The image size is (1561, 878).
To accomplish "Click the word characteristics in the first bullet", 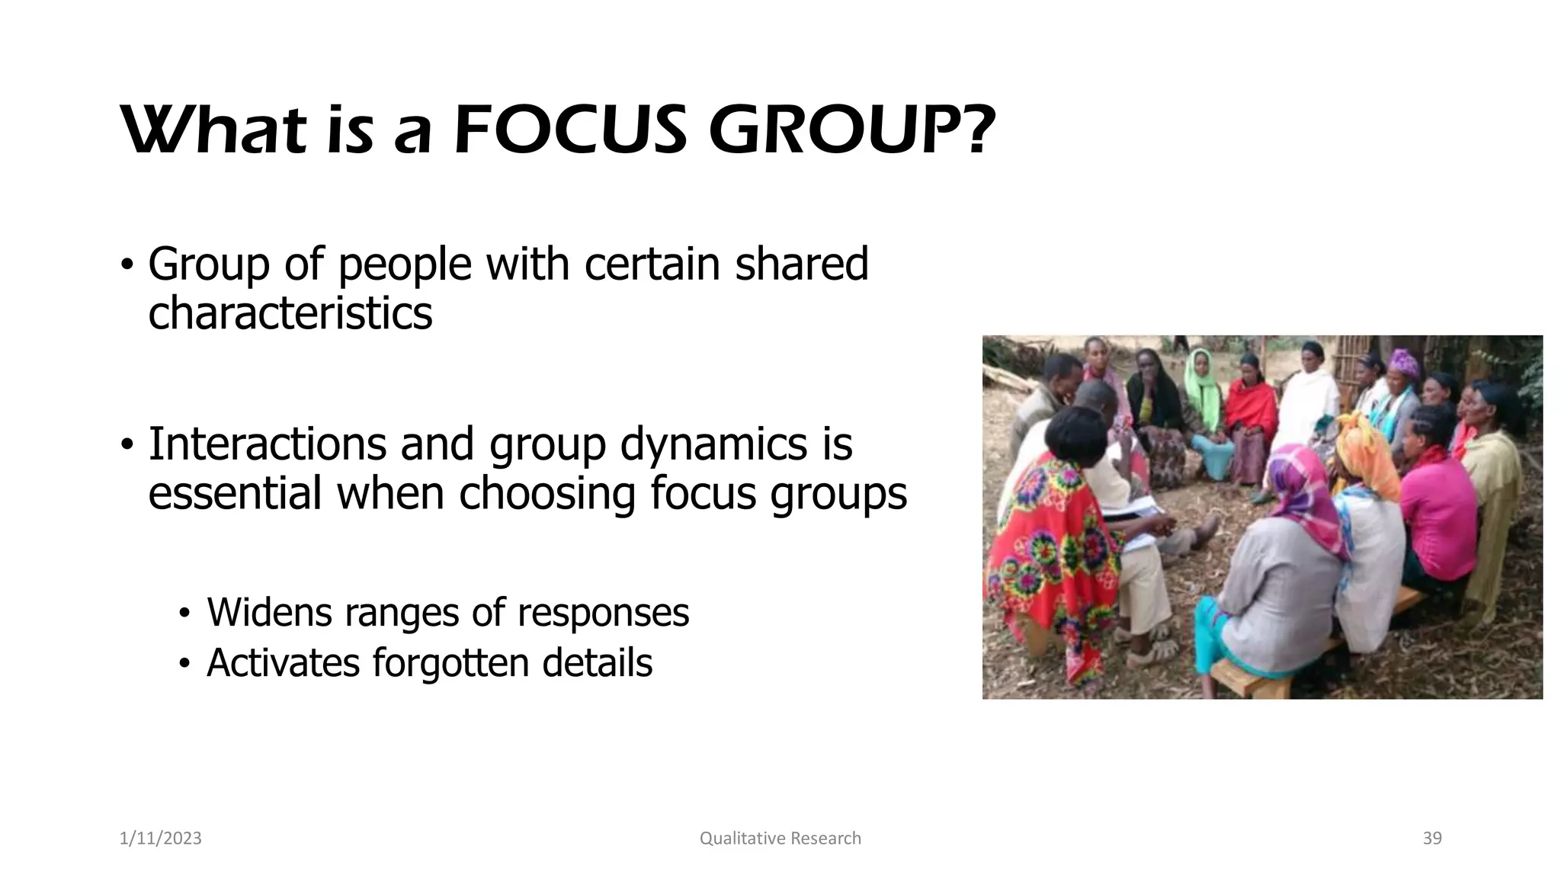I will pyautogui.click(x=290, y=313).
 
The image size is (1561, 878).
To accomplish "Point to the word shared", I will pyautogui.click(x=801, y=264).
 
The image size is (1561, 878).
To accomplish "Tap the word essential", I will pyautogui.click(x=235, y=493).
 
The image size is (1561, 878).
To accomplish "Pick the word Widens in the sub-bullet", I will pyautogui.click(x=269, y=612).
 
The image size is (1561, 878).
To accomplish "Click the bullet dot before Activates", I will pyautogui.click(x=183, y=664).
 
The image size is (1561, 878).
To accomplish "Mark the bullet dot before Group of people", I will pyautogui.click(x=127, y=265).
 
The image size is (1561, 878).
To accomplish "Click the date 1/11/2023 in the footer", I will pyautogui.click(x=161, y=838).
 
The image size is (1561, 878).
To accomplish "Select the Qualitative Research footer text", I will pyautogui.click(x=780, y=838).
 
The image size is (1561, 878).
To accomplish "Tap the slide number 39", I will pyautogui.click(x=1432, y=838).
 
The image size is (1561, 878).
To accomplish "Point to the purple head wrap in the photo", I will pyautogui.click(x=1403, y=363).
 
